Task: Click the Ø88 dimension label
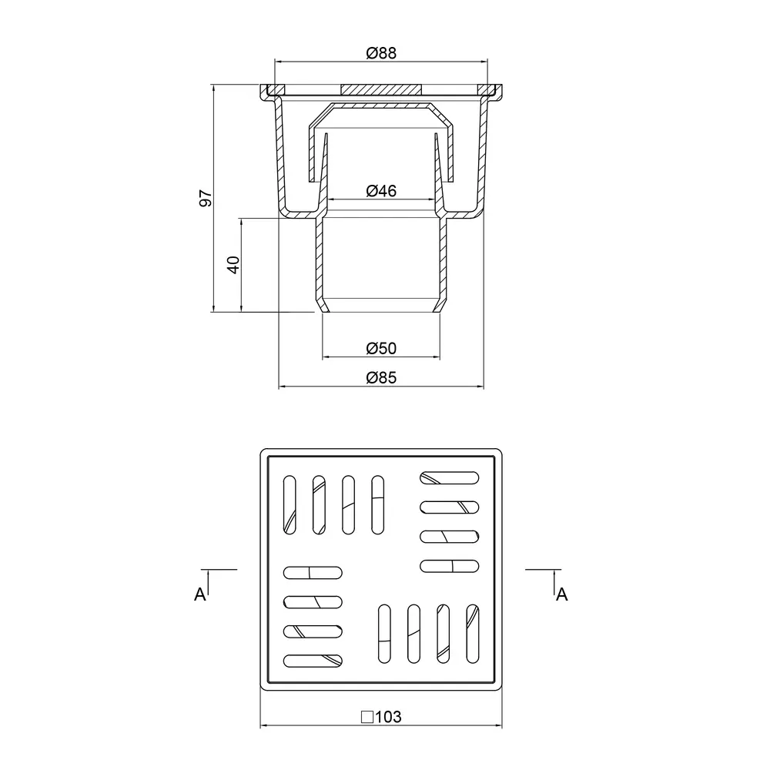(x=381, y=53)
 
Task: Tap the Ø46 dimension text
(x=381, y=191)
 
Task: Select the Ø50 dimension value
(x=381, y=349)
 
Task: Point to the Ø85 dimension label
(x=381, y=378)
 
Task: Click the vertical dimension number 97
(x=206, y=198)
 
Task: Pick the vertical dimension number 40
(x=234, y=265)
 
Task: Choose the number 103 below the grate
(x=388, y=718)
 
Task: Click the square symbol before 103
(x=367, y=718)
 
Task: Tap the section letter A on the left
(x=200, y=594)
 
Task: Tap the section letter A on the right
(x=562, y=594)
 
